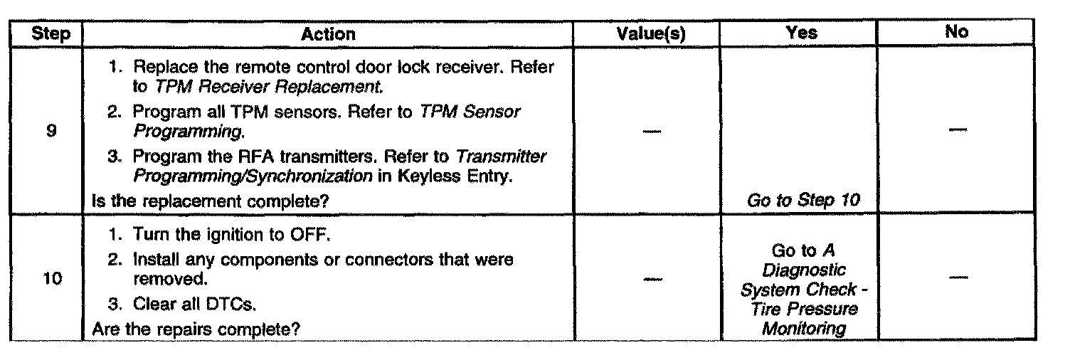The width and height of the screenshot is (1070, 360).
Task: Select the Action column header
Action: [327, 34]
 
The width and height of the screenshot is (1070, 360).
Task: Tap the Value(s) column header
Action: [646, 33]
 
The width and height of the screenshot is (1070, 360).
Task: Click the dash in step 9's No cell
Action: [958, 130]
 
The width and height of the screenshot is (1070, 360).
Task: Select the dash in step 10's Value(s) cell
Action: [648, 280]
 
